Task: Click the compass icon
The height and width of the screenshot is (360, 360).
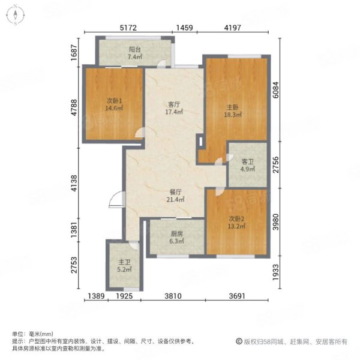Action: coord(16,15)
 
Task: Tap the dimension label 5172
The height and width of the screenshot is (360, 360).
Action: coord(128,28)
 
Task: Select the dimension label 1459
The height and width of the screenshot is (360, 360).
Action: coord(185,28)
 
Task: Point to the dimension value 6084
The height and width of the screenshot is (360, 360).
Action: coord(275,90)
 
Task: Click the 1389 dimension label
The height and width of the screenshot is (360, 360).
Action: coord(97,296)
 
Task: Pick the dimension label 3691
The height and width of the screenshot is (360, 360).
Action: coord(237,296)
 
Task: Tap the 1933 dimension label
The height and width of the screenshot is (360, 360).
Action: coord(275,272)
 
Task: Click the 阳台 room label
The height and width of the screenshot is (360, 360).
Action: coord(135,49)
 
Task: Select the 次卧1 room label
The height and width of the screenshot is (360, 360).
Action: coord(114,101)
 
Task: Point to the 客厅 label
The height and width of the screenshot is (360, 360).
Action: coord(174,104)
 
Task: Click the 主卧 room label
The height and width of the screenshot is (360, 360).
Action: coord(233,107)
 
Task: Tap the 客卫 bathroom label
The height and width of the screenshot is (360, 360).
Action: coord(247,161)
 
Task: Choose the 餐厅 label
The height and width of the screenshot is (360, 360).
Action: coord(175,192)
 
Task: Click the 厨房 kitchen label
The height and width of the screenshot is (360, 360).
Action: coord(177,234)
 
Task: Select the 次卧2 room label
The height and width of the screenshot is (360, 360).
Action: coord(236,219)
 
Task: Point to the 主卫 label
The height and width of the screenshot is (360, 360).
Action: coord(124,262)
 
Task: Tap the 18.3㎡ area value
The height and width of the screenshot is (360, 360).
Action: coord(233,115)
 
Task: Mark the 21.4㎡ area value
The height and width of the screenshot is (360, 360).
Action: coord(175,200)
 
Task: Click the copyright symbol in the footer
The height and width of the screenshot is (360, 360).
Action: coord(239,341)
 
